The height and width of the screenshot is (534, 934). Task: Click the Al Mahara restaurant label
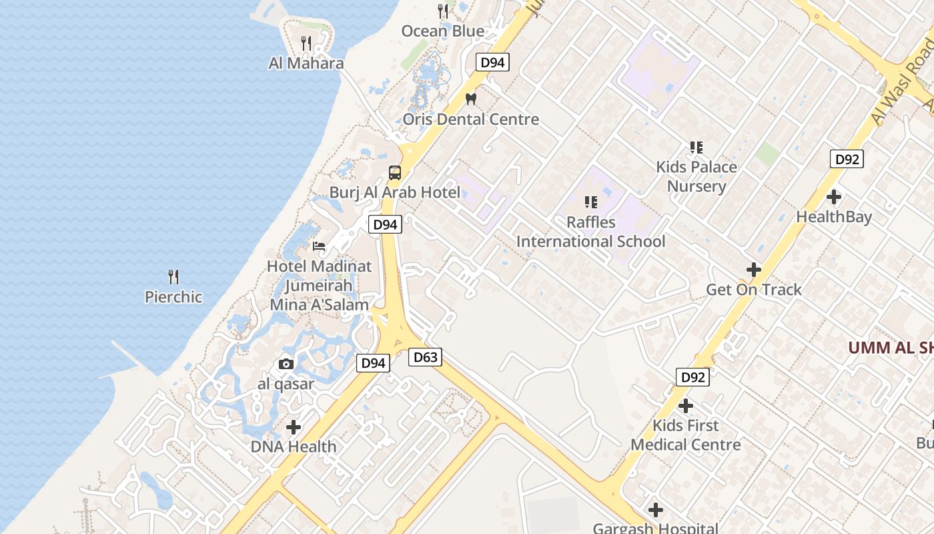coord(306,63)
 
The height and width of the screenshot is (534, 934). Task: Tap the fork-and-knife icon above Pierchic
coord(173,276)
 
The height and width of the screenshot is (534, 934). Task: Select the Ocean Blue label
coord(443,31)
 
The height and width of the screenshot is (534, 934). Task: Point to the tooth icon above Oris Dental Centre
coord(471,99)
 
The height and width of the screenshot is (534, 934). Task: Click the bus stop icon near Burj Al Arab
coord(395,173)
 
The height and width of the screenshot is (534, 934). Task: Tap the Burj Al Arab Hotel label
coord(395,193)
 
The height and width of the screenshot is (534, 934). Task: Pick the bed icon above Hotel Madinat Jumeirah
coord(319,246)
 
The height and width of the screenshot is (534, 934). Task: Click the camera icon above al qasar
coord(286,364)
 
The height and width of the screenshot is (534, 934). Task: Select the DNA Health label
coord(294,447)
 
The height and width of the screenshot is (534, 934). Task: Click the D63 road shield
coord(426,357)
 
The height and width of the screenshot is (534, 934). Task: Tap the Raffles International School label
coord(591,232)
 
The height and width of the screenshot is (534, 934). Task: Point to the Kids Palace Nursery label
coord(696,176)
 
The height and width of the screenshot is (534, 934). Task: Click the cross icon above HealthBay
coord(834,197)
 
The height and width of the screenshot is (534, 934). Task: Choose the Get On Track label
coord(754,290)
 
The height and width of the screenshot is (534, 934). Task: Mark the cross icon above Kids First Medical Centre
coord(686,405)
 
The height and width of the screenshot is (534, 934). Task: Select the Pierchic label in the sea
coord(173,297)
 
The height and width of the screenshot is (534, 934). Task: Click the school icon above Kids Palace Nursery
coord(696,147)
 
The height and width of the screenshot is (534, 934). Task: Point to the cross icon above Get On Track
coord(754,270)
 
